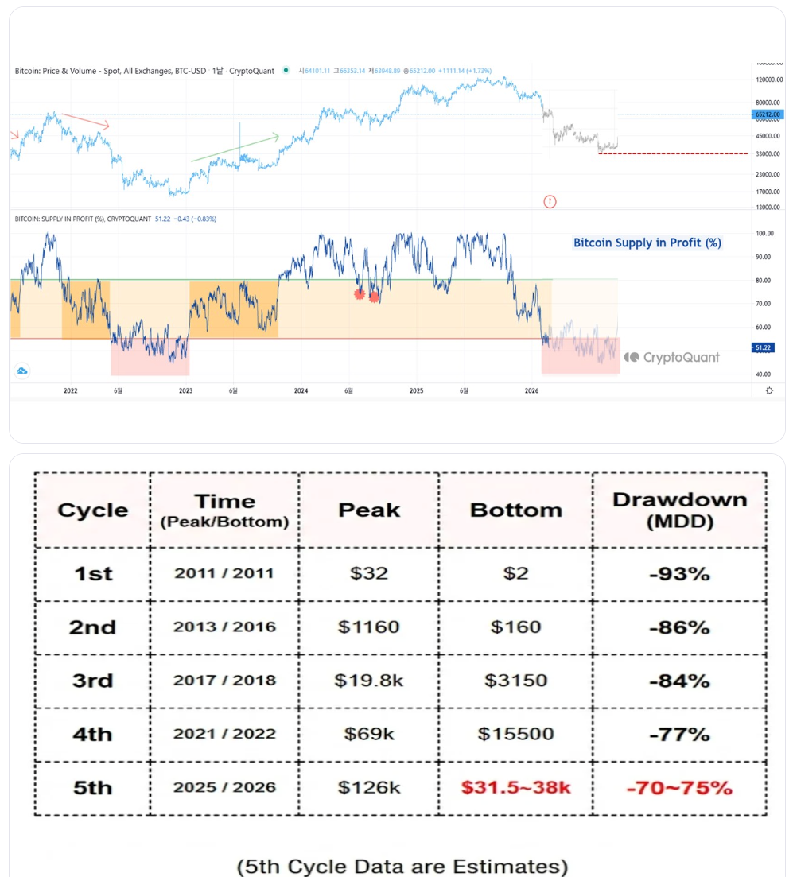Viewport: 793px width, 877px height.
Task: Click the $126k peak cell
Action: click(x=368, y=787)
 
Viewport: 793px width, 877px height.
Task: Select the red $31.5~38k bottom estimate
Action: click(x=516, y=787)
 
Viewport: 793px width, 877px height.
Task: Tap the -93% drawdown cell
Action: click(x=679, y=573)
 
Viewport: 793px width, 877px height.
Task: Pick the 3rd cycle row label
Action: click(x=92, y=681)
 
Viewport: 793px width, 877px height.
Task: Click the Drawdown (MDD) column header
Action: click(x=679, y=510)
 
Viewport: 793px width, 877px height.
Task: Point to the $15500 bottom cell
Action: click(x=516, y=734)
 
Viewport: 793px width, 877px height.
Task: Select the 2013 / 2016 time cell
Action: click(x=224, y=627)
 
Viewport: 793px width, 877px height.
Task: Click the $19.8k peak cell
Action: click(x=368, y=681)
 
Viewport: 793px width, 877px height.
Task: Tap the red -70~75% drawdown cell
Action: click(x=679, y=787)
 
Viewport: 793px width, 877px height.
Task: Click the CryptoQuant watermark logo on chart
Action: click(x=672, y=358)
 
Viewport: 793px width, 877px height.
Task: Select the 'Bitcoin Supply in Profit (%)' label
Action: click(x=647, y=243)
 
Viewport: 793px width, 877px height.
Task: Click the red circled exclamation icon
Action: click(x=550, y=201)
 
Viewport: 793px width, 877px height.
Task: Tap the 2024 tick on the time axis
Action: click(x=301, y=390)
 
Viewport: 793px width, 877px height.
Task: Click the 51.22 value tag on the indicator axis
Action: click(x=763, y=347)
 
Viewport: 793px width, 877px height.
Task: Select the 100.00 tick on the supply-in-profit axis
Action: click(x=765, y=233)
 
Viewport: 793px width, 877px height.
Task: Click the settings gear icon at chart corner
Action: click(x=769, y=390)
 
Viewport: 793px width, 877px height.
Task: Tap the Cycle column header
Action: click(x=92, y=510)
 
